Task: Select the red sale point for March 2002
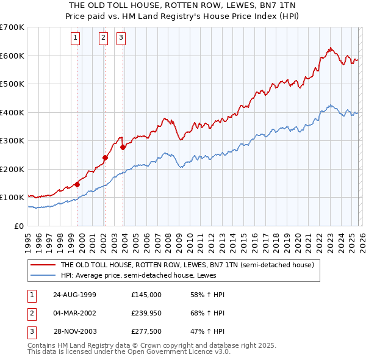click(105, 157)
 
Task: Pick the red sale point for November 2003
click(123, 147)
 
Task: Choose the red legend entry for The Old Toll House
click(187, 265)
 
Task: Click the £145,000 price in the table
click(146, 295)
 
